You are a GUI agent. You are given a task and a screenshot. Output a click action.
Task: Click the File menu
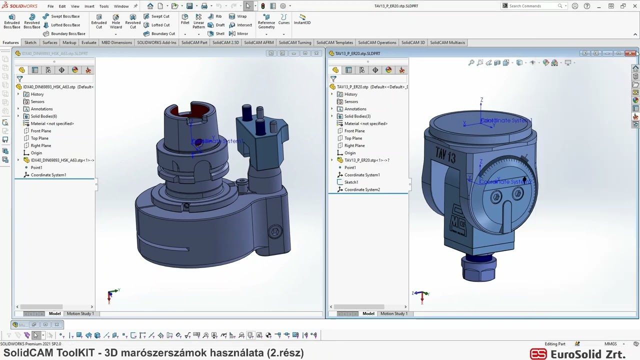(50, 6)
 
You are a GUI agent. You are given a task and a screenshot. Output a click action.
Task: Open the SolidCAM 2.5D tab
(225, 42)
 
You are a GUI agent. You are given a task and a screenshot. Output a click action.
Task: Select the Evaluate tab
(88, 42)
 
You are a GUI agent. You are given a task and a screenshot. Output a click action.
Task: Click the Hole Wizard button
(115, 21)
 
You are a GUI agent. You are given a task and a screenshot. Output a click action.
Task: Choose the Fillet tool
(185, 19)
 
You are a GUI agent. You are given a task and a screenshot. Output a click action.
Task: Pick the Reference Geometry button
(266, 21)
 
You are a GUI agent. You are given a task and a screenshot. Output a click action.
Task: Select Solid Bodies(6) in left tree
(43, 116)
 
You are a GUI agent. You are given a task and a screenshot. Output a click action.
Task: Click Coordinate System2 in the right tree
(362, 189)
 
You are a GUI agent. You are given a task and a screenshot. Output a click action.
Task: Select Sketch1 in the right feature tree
(351, 182)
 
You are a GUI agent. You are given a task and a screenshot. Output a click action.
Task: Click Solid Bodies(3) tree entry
(357, 116)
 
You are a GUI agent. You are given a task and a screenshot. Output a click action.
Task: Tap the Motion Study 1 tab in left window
(80, 313)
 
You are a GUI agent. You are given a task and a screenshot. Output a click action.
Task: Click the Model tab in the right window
(368, 313)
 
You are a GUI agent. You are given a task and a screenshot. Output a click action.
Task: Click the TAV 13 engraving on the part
(445, 155)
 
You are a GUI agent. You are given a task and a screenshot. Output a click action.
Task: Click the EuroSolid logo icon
(538, 354)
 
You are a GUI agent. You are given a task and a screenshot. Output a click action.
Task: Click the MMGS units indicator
(610, 344)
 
